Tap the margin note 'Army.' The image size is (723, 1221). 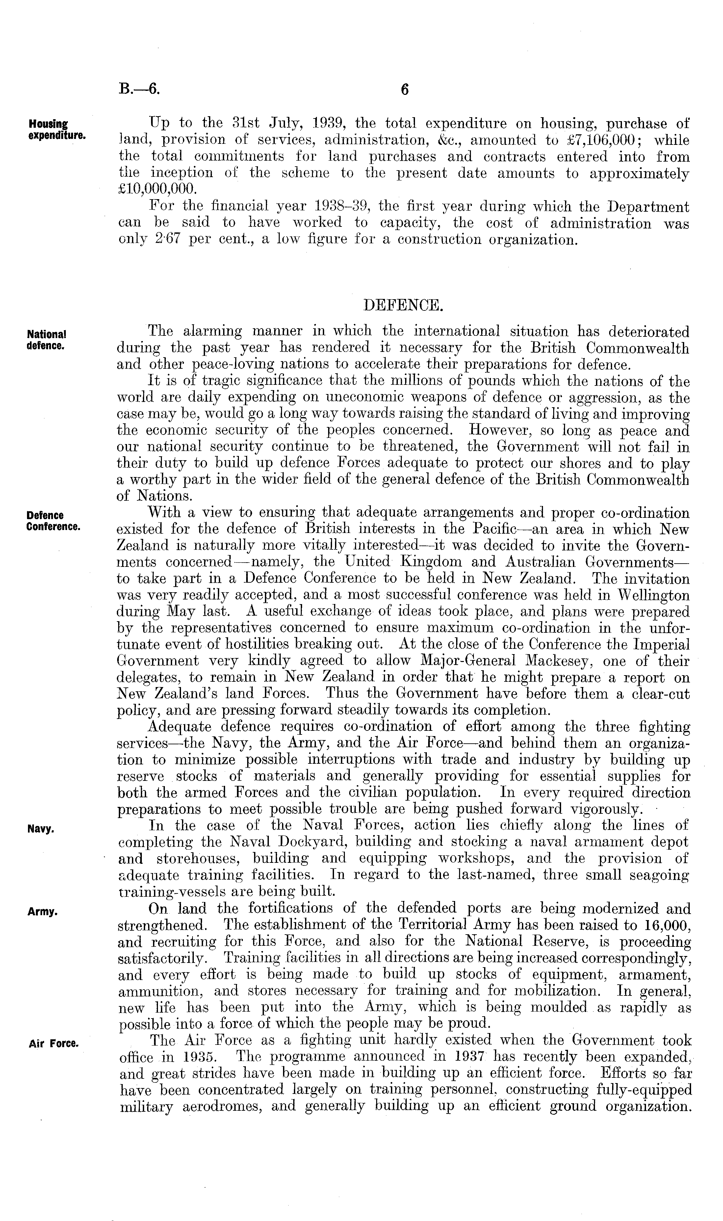click(43, 911)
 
